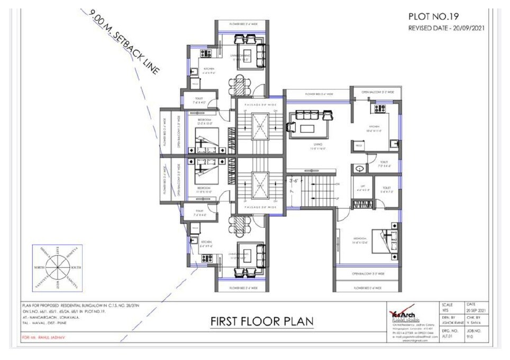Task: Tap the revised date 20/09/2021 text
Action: tap(447, 28)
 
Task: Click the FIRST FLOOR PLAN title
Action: tap(262, 321)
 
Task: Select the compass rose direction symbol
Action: tap(56, 267)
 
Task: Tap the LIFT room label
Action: tap(362, 186)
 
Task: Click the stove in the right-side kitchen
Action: tap(379, 109)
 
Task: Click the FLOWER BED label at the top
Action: tap(243, 24)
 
